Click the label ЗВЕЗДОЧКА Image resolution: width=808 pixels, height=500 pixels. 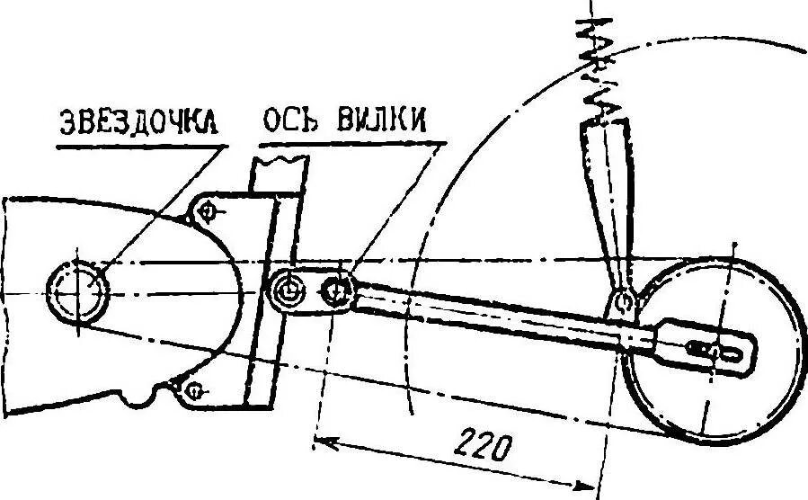[142, 123]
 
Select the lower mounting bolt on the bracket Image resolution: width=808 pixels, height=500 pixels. [193, 389]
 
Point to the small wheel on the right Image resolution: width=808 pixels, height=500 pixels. [710, 346]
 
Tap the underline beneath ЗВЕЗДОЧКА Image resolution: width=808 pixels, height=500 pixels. [142, 143]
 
